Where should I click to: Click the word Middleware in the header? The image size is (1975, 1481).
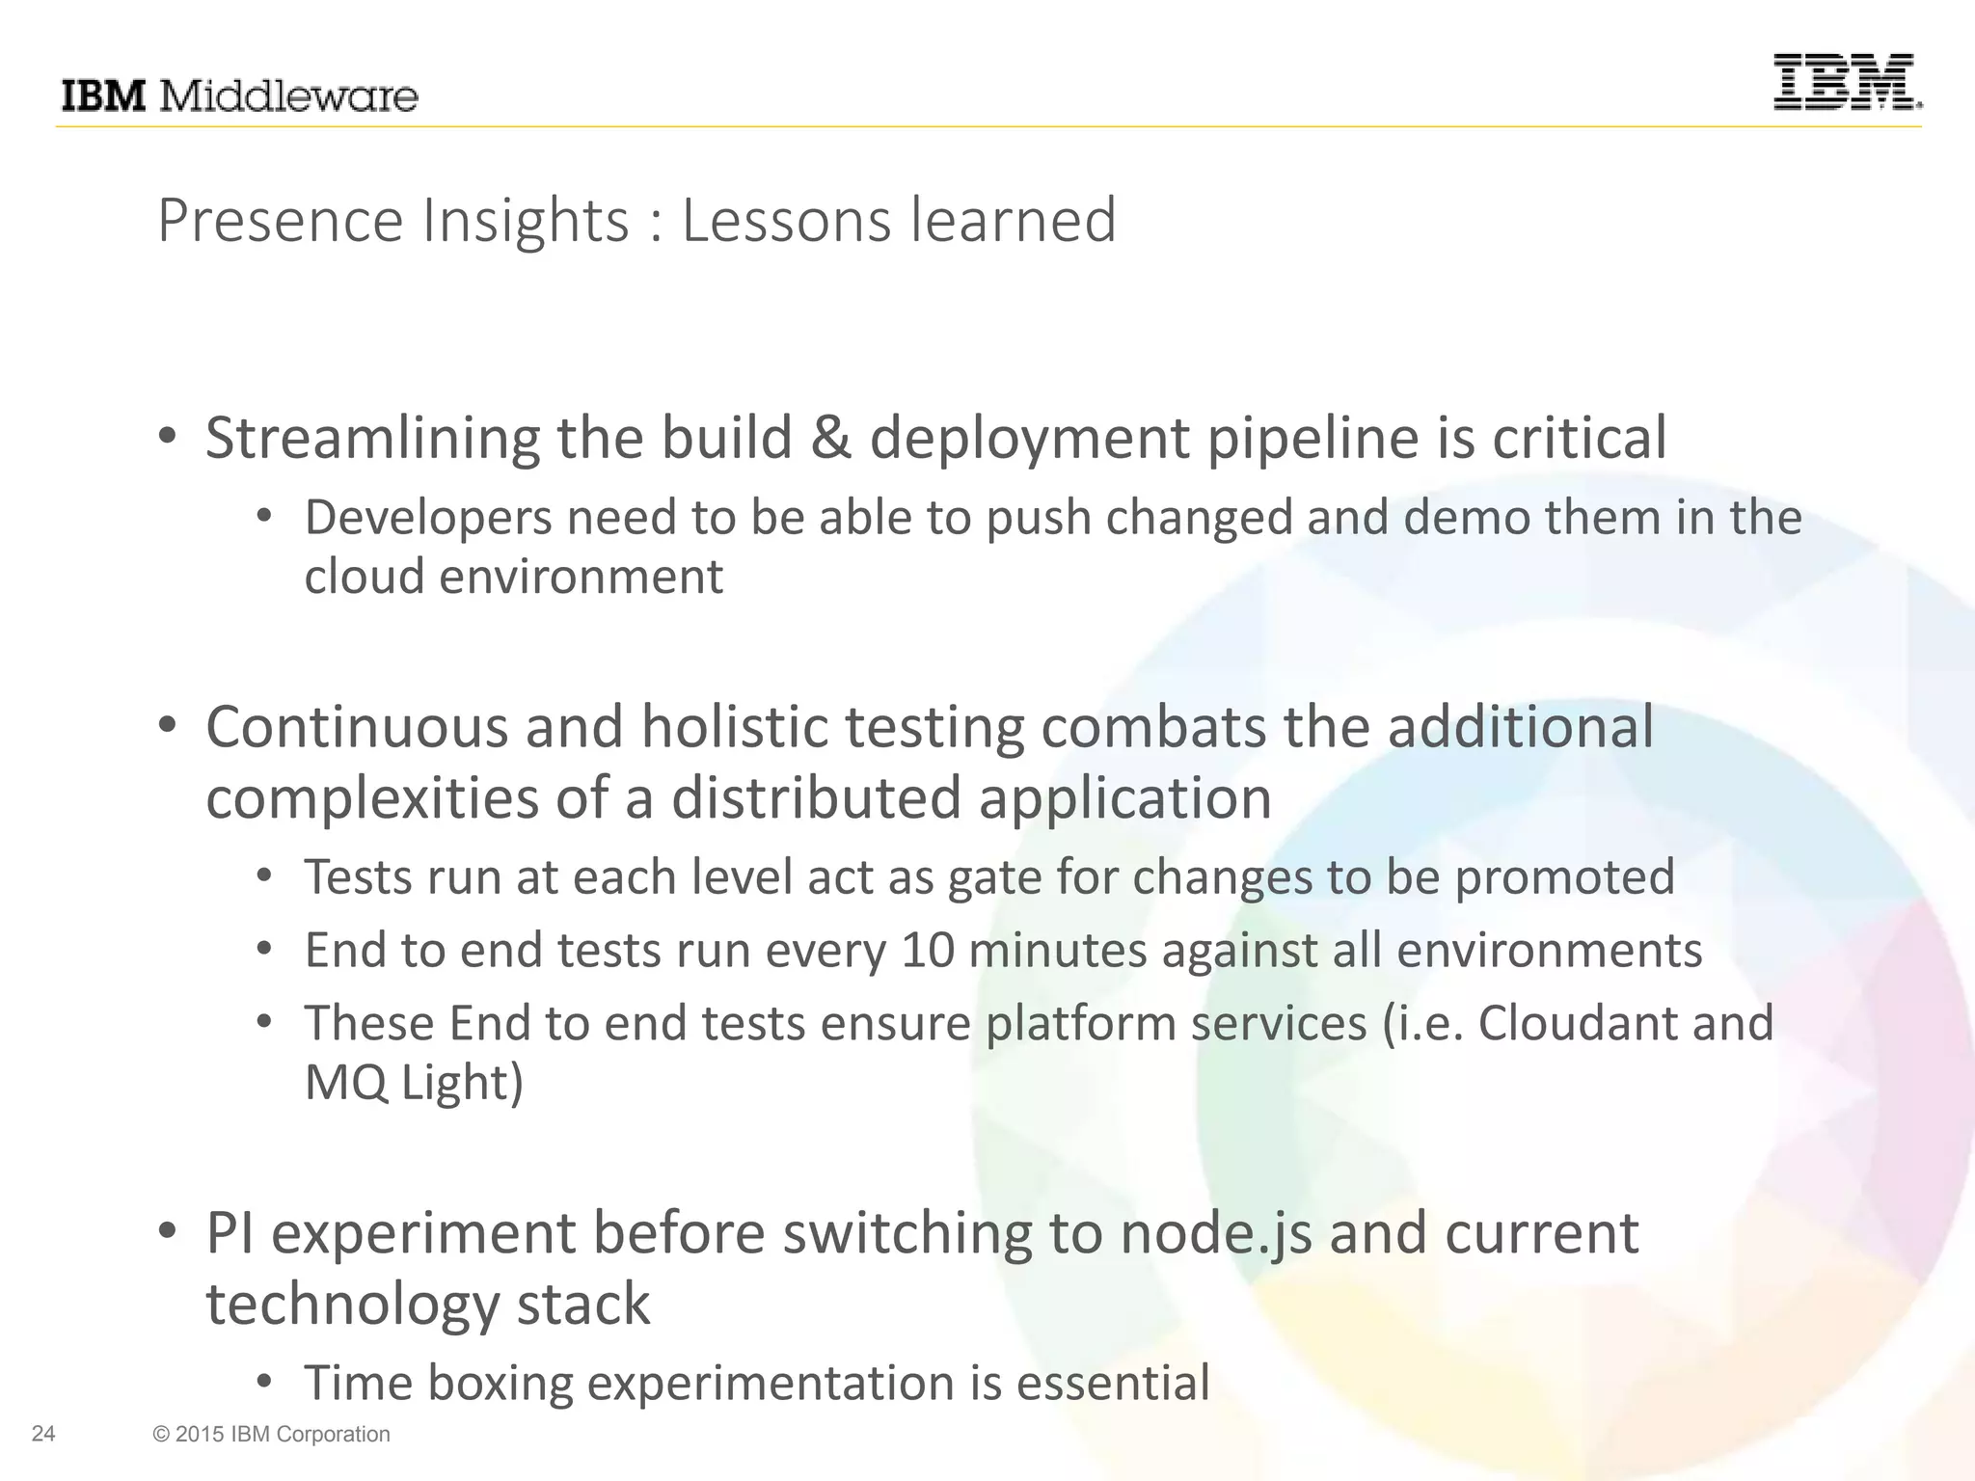pyautogui.click(x=287, y=96)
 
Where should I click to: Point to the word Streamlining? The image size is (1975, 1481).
pyautogui.click(x=372, y=439)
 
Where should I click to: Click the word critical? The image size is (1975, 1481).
pyautogui.click(x=1580, y=439)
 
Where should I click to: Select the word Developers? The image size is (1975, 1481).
pyautogui.click(x=428, y=519)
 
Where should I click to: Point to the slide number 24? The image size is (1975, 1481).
pyautogui.click(x=43, y=1434)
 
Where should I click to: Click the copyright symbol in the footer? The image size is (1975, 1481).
pyautogui.click(x=160, y=1435)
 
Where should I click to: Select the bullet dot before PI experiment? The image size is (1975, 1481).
pyautogui.click(x=168, y=1232)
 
